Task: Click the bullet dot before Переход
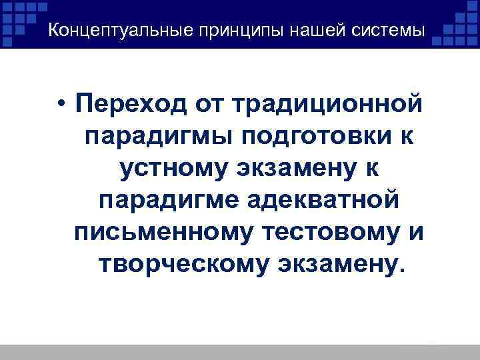coord(61,105)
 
